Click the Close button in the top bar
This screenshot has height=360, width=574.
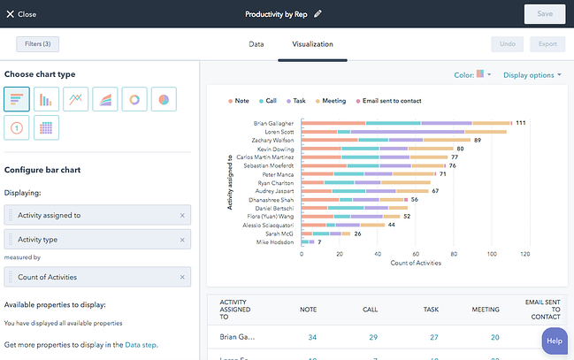point(22,14)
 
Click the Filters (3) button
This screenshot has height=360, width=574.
point(38,43)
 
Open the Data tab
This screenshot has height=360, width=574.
point(256,43)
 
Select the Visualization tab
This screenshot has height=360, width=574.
point(312,43)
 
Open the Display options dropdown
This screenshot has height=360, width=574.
point(532,75)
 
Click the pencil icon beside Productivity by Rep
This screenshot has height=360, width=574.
point(318,14)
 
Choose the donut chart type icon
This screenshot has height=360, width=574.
point(134,99)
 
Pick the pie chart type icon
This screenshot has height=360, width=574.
point(164,99)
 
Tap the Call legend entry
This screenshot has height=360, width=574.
point(269,101)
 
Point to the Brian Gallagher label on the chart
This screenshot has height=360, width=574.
point(274,123)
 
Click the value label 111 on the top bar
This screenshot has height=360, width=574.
point(521,123)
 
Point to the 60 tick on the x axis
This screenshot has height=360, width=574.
point(413,253)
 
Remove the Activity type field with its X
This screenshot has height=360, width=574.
point(182,239)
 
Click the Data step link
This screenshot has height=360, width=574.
point(141,344)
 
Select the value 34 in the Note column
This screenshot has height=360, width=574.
point(311,337)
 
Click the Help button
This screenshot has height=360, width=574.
point(554,341)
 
